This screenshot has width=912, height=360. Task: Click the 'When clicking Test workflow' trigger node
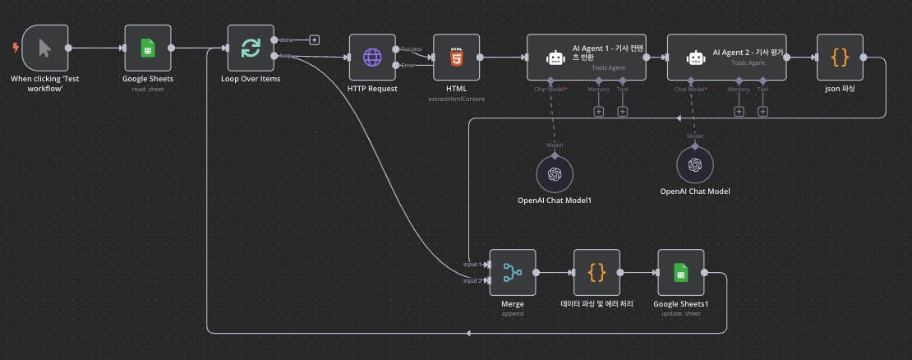[44, 48]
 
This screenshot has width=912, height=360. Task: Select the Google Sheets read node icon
[148, 48]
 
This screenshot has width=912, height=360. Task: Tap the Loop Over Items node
[251, 48]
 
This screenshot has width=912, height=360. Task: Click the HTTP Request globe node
[372, 57]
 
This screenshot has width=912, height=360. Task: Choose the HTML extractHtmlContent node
[457, 57]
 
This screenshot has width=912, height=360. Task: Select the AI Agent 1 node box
[586, 57]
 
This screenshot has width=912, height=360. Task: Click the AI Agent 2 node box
[726, 57]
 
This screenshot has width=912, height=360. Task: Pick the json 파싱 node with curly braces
[839, 57]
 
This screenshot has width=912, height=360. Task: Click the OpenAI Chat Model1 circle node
[555, 173]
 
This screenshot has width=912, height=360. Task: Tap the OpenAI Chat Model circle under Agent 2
[695, 165]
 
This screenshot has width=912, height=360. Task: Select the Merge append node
[512, 271]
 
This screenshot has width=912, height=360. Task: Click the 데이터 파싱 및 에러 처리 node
[597, 271]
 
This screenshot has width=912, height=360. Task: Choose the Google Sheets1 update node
[680, 271]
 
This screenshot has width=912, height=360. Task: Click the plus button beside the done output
[314, 39]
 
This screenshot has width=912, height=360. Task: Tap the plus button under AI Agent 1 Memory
[598, 111]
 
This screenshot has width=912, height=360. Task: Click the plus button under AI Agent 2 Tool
[762, 111]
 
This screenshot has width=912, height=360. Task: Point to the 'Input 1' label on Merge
[472, 264]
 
